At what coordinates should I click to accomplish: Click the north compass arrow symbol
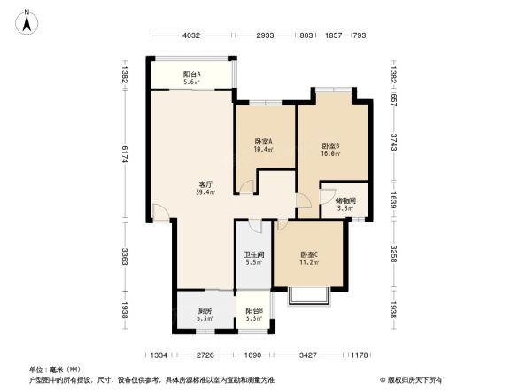pyautogui.click(x=27, y=19)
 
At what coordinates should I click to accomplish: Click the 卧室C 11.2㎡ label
pyautogui.click(x=309, y=260)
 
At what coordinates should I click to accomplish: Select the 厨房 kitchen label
pyautogui.click(x=205, y=315)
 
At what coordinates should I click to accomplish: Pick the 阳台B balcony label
pyautogui.click(x=254, y=315)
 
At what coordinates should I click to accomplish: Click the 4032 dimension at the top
pyautogui.click(x=192, y=35)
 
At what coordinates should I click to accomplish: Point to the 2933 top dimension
pyautogui.click(x=267, y=35)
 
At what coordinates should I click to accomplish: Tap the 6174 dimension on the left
pyautogui.click(x=126, y=154)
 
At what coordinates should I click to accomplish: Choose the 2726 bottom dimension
pyautogui.click(x=205, y=355)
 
